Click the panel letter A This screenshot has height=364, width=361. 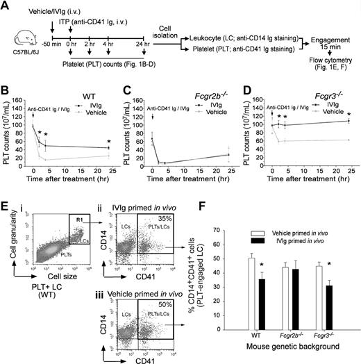(x=6, y=6)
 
